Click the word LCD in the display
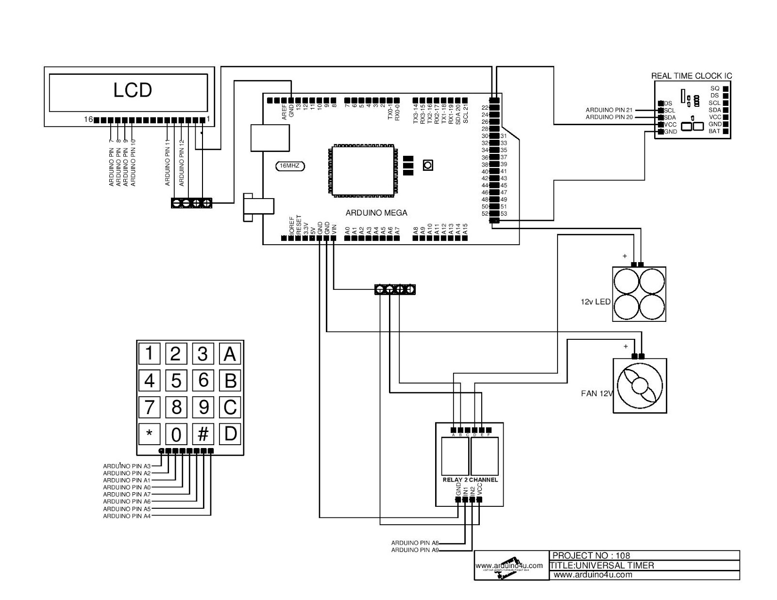tap(133, 90)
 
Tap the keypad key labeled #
tap(203, 434)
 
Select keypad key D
tap(230, 433)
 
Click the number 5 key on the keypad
tap(176, 380)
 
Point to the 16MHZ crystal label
tap(290, 166)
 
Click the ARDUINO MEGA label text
tap(376, 213)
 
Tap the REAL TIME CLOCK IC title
tap(691, 76)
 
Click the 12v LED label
tap(595, 301)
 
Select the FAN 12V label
tap(597, 393)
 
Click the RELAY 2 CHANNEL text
tap(470, 480)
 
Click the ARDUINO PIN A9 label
tap(415, 550)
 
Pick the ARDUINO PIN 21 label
tap(609, 110)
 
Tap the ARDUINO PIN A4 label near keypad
tap(127, 516)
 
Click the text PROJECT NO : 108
tap(591, 555)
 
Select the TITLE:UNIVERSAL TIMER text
tap(602, 565)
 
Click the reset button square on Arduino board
tap(428, 165)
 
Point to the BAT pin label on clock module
tap(714, 132)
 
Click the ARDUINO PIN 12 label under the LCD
tap(182, 163)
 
